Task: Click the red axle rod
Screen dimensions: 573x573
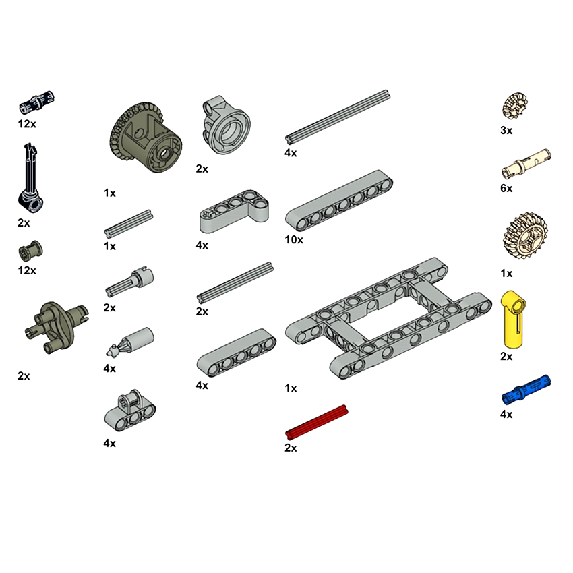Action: point(316,422)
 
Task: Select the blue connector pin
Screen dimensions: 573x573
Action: point(526,390)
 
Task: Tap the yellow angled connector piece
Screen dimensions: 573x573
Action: point(514,319)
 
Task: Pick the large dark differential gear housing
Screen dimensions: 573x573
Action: point(146,138)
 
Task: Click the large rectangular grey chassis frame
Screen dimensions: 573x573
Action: point(388,318)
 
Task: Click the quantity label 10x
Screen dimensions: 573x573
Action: point(294,240)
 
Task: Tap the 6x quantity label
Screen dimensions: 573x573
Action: point(506,189)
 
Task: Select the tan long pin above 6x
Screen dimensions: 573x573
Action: point(526,163)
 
